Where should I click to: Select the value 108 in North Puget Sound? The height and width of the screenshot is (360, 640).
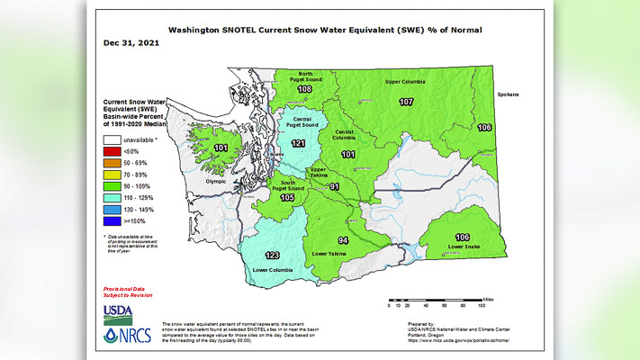[303, 90]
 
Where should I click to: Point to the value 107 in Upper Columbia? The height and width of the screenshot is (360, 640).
[406, 102]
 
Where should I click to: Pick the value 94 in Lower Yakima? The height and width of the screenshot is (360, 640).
[342, 241]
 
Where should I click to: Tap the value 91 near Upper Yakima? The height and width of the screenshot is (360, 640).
[333, 187]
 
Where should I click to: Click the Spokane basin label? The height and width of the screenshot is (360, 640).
[509, 94]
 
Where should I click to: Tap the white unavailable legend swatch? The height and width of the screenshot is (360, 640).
[113, 139]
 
